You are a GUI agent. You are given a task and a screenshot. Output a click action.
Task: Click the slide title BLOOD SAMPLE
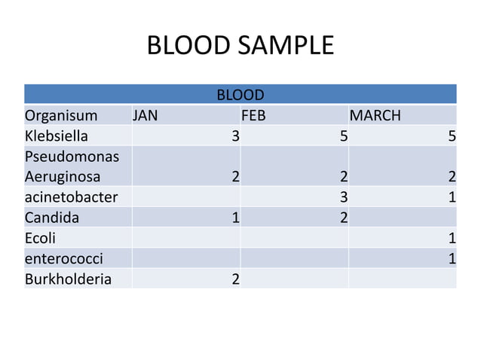tap(240, 46)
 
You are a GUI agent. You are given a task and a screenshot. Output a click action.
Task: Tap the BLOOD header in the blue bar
tap(240, 96)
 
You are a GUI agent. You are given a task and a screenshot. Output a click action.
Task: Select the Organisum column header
tap(61, 116)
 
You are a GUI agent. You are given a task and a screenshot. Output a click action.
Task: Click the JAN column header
tap(146, 116)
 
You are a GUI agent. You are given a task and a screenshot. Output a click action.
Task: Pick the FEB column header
tap(253, 116)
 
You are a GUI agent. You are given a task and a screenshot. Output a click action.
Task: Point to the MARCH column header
tap(375, 116)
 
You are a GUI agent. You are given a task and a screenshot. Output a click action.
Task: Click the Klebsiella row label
tap(56, 136)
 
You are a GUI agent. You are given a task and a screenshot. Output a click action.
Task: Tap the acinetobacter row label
tap(71, 197)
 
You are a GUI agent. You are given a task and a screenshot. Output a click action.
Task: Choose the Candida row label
tap(51, 218)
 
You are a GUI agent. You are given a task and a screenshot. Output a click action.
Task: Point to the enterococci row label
tap(63, 258)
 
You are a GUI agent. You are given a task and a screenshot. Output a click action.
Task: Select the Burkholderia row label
tap(68, 279)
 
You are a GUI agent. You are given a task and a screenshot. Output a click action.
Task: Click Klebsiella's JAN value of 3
tap(235, 136)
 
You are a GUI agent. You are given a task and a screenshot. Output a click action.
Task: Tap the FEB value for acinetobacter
tap(343, 197)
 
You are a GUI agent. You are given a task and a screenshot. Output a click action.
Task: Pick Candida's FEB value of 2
tap(343, 218)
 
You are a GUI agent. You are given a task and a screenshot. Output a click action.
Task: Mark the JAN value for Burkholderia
tap(235, 279)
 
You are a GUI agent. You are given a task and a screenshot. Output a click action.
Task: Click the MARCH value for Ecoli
tap(452, 238)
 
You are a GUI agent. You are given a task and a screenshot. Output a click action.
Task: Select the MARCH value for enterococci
tap(452, 258)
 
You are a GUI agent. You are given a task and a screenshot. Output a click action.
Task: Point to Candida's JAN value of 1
tap(235, 218)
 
